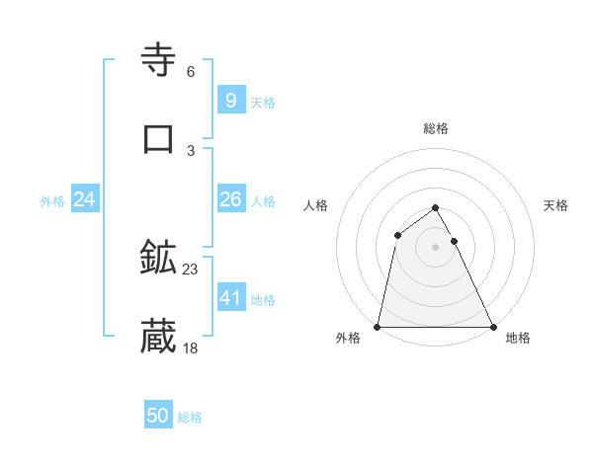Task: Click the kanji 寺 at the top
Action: tap(159, 60)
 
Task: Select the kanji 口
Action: tap(159, 138)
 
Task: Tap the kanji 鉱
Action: tap(159, 258)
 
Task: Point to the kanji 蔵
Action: tap(159, 337)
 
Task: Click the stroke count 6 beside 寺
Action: tap(191, 71)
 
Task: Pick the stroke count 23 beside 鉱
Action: tap(191, 269)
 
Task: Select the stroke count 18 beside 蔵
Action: tap(191, 348)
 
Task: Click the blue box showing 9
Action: tap(230, 100)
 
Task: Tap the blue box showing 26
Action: tap(230, 199)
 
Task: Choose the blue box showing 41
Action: tap(230, 297)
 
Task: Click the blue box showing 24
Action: tap(84, 199)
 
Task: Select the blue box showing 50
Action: tap(158, 416)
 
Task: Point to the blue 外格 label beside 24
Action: tap(52, 201)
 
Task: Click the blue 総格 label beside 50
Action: tap(190, 418)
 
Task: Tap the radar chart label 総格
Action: tap(436, 128)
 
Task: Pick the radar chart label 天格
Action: tap(556, 205)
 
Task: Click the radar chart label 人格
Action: tap(316, 205)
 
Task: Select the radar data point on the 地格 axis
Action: tap(492, 326)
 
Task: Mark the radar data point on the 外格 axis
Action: tap(378, 326)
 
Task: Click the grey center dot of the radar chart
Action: tap(435, 247)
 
